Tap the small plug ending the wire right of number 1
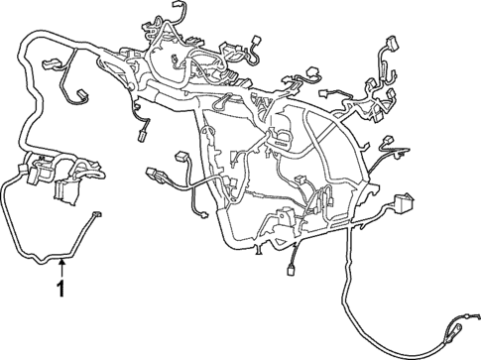tap(96, 215)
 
